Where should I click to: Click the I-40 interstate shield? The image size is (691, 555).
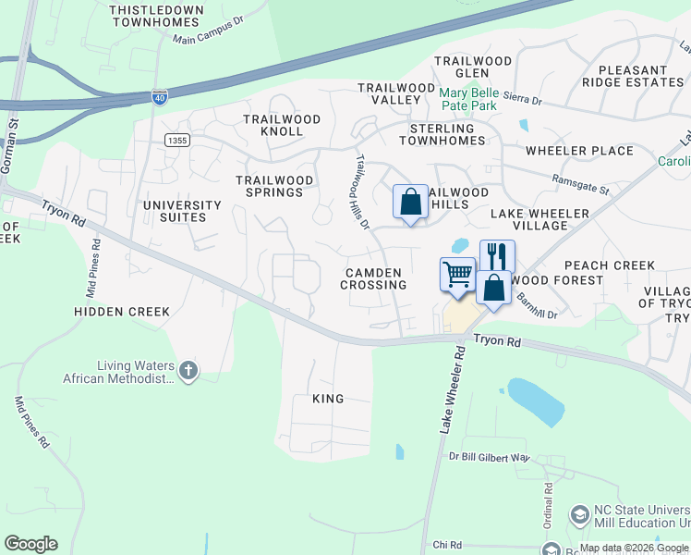coord(159,96)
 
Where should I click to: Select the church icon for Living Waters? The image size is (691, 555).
coord(188,371)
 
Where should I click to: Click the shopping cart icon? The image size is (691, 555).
coord(456,274)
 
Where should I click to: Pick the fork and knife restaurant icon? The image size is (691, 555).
coord(497,255)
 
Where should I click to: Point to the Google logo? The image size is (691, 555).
coord(30,544)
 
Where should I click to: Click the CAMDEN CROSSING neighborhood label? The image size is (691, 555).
coord(373,278)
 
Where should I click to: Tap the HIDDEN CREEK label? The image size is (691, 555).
coord(122,312)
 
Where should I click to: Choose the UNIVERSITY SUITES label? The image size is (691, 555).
coord(182,211)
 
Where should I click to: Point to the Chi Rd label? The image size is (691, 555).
coord(446,546)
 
